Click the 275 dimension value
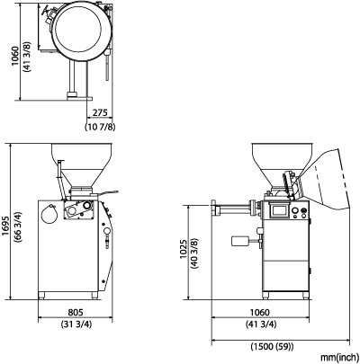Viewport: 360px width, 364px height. pos(100,113)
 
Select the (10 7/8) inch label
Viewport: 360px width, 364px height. pos(100,127)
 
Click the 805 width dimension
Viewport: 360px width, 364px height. pos(75,313)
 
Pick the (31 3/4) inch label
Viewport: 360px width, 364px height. pos(76,324)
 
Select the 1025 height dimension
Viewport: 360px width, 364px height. pos(184,249)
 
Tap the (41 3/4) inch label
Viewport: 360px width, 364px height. pos(261,324)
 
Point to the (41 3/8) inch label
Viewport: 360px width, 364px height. pos(27,57)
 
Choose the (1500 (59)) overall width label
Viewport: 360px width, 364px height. pos(272,347)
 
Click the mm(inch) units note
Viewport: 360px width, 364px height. pos(339,358)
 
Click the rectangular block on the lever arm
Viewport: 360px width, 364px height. pos(240,241)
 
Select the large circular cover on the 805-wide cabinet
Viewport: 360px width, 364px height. pos(49,214)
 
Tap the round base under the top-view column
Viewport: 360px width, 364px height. pos(72,94)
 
